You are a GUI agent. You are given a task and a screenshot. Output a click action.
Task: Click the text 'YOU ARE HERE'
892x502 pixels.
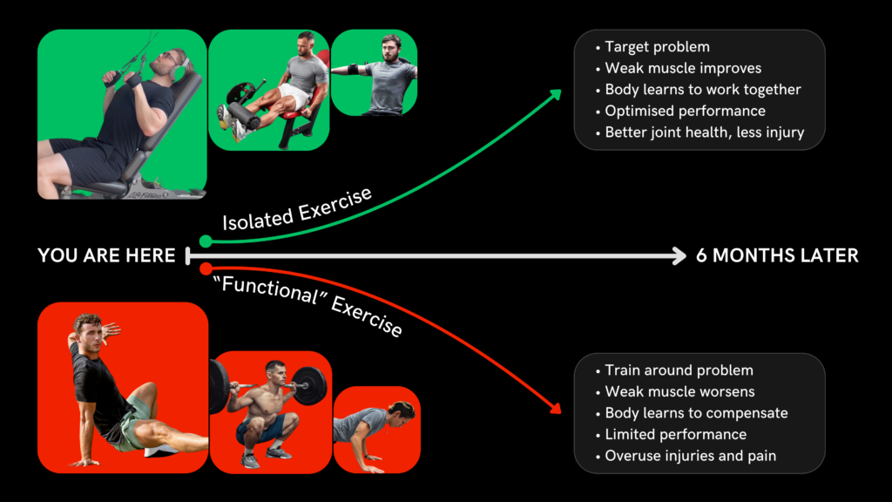(x=106, y=255)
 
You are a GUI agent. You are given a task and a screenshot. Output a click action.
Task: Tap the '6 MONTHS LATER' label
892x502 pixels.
(x=777, y=255)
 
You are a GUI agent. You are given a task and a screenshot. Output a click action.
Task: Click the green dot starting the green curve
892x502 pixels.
(x=206, y=241)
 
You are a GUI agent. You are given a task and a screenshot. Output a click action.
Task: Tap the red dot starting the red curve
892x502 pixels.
(x=206, y=268)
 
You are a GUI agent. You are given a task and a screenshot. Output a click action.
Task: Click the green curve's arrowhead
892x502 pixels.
(x=557, y=93)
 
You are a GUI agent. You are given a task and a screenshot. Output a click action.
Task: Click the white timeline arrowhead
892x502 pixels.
(x=679, y=255)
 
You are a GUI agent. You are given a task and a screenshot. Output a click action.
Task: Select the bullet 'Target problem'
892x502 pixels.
(x=657, y=47)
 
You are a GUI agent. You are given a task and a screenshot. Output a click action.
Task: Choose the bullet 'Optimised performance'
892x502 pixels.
(x=685, y=112)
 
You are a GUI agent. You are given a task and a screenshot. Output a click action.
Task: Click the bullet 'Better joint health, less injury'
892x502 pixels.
(x=704, y=133)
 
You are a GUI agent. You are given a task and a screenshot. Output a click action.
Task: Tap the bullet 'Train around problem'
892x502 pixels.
(x=679, y=370)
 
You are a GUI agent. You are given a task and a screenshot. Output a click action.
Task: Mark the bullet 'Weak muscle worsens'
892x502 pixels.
(x=679, y=391)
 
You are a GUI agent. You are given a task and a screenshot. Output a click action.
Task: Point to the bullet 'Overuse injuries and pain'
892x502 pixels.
(x=690, y=456)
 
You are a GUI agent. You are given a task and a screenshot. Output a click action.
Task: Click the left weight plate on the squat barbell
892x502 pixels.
(x=219, y=385)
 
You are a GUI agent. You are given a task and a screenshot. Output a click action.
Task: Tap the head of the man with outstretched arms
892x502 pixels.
(x=391, y=45)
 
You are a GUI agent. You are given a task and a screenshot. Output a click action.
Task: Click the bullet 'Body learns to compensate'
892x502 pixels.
(x=696, y=413)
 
